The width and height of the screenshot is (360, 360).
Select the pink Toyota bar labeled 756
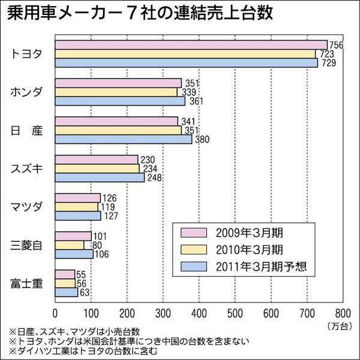click(x=191, y=45)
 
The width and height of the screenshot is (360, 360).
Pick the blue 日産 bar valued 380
click(x=124, y=139)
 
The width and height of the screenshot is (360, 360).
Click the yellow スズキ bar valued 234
click(x=97, y=169)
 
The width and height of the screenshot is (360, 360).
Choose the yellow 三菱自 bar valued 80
click(x=70, y=245)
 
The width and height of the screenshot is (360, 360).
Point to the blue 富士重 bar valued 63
click(x=67, y=292)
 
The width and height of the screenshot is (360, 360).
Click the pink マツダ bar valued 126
click(x=77, y=198)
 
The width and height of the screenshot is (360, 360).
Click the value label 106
click(x=103, y=254)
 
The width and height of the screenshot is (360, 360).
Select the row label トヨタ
click(x=27, y=54)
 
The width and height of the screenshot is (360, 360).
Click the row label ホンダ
click(x=27, y=92)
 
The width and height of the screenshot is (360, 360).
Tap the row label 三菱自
click(x=27, y=245)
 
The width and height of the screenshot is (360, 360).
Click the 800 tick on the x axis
click(x=343, y=313)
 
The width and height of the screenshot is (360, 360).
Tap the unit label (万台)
click(x=340, y=326)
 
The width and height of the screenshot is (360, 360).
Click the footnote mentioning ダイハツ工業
click(x=84, y=352)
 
